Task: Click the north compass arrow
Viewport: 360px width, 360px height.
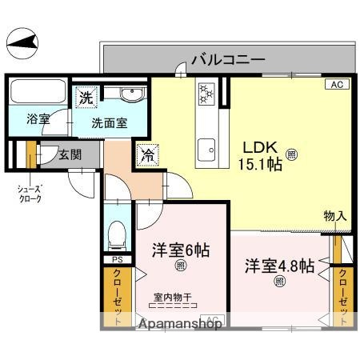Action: click(x=24, y=41)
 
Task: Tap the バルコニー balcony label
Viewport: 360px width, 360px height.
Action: click(x=227, y=58)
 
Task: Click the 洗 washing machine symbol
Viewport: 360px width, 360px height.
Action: click(x=85, y=98)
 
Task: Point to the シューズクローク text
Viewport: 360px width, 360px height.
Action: click(x=30, y=194)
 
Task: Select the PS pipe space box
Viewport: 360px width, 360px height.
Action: click(x=116, y=261)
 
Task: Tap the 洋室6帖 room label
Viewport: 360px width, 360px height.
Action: click(x=181, y=250)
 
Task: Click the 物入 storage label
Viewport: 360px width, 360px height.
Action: click(x=334, y=215)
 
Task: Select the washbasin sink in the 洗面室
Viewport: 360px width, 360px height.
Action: click(x=129, y=97)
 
